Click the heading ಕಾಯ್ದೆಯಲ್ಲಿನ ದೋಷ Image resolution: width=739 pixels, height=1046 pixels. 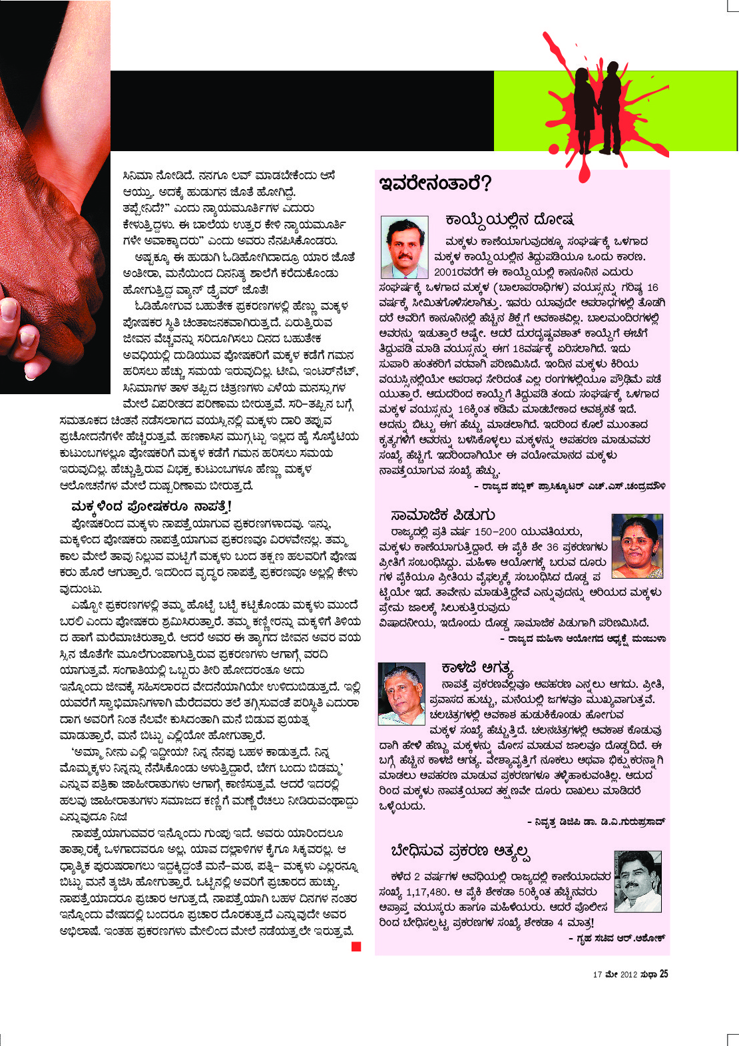[510, 220]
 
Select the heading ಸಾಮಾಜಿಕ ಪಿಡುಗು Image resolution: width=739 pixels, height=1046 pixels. [443, 515]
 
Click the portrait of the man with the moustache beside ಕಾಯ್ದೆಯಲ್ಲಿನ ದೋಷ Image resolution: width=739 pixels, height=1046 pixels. [404, 247]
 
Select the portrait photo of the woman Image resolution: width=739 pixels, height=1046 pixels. [636, 546]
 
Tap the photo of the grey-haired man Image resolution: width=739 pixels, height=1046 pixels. [401, 693]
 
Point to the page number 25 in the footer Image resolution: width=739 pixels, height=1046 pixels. [664, 974]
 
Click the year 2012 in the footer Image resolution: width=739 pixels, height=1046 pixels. [628, 975]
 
